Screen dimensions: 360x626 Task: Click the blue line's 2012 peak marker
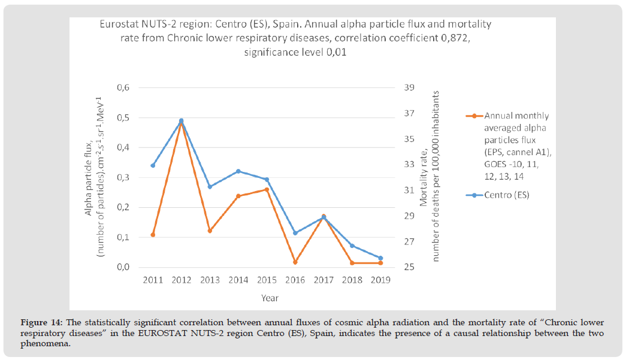181,120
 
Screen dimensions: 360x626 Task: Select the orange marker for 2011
153,235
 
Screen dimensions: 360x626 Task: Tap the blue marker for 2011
153,165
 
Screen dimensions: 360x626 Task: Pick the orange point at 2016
295,262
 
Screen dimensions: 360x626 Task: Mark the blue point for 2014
238,171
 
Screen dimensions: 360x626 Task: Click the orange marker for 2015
267,190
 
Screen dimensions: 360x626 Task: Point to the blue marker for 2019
380,258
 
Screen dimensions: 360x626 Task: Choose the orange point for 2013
210,231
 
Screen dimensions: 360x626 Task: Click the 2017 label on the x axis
323,280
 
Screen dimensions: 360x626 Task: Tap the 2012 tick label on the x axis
181,280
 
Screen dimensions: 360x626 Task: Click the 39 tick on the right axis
410,88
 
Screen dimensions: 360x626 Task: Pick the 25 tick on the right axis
410,267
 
